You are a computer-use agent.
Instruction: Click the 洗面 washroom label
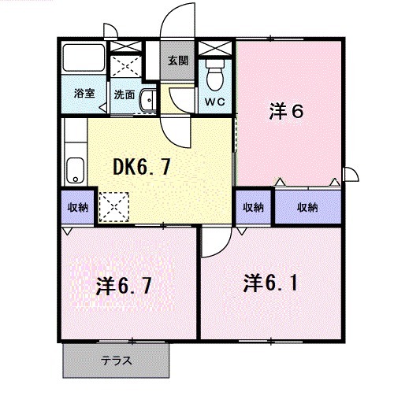pos(123,94)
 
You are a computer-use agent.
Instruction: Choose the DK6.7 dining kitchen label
pos(143,166)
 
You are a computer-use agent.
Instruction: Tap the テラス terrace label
pos(116,361)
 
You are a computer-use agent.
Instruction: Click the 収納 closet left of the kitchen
pos(77,206)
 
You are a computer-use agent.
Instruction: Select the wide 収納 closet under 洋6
pos(308,207)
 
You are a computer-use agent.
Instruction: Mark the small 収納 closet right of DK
pos(253,207)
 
